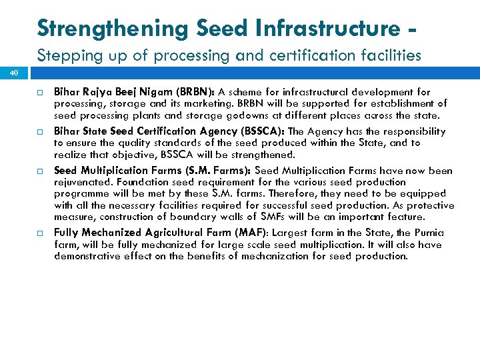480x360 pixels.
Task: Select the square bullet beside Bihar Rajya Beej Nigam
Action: tap(40, 93)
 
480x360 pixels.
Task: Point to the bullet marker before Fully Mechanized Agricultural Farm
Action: tap(40, 233)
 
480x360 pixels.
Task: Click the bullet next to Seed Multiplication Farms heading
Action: tap(40, 171)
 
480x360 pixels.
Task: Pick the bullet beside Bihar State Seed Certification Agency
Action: tap(40, 132)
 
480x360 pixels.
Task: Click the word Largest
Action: tap(291, 233)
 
